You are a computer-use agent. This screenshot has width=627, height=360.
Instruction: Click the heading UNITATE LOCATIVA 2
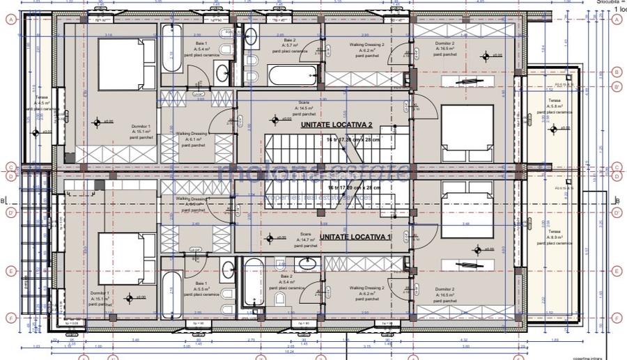[336, 125]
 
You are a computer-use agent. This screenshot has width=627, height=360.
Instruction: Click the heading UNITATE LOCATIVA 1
[355, 237]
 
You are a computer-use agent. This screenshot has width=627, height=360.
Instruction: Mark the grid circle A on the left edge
[10, 19]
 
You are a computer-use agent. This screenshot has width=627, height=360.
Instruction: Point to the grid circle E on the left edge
[10, 271]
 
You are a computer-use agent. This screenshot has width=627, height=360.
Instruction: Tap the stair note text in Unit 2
[354, 139]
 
